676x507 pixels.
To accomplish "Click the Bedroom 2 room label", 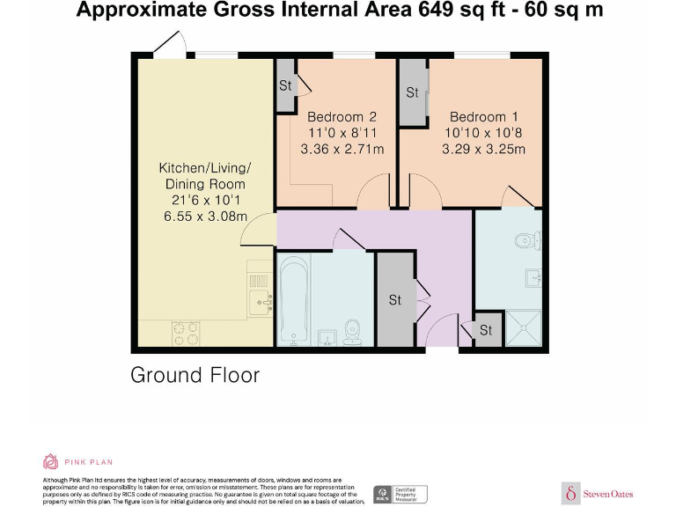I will [x=342, y=117].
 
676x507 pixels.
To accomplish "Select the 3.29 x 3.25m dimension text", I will [x=483, y=149].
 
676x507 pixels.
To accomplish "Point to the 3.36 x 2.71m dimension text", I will [x=342, y=149].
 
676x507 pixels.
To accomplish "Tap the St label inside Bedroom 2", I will [x=285, y=85].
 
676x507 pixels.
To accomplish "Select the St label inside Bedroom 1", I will [x=412, y=92].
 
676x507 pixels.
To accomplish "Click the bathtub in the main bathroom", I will [x=293, y=298].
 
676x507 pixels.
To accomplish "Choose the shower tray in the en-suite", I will [x=529, y=329].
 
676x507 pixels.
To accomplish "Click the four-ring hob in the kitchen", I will [x=186, y=333].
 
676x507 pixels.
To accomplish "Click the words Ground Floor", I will [x=195, y=375].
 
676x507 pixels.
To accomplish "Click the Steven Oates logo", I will [x=597, y=493].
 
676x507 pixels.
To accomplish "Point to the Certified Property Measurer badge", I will [x=400, y=494].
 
